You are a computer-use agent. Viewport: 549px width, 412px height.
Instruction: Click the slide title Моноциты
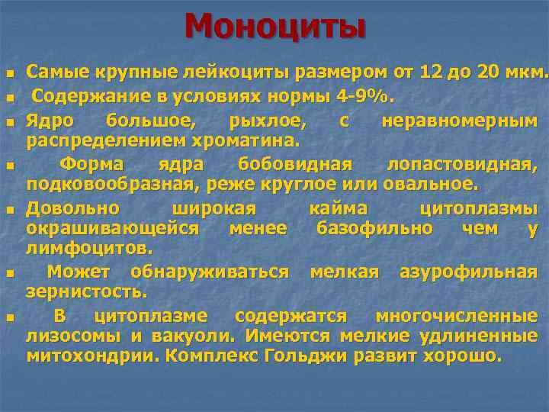[x=274, y=27]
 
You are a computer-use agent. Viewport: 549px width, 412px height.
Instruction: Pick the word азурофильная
[x=468, y=271]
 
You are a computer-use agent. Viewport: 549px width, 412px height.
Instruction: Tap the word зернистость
[x=86, y=291]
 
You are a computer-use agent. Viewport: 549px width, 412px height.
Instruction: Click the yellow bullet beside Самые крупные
[x=10, y=75]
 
